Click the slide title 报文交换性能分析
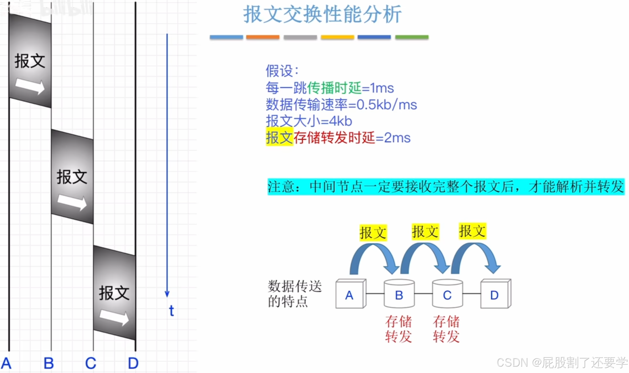(x=322, y=14)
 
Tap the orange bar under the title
(x=263, y=37)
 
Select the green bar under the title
(x=412, y=37)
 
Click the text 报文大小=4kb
(x=309, y=121)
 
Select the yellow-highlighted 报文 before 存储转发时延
(x=279, y=138)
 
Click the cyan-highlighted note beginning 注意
(x=446, y=187)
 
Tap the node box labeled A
(x=350, y=294)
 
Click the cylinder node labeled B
(x=399, y=294)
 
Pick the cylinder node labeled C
(x=447, y=294)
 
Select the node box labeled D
(x=495, y=294)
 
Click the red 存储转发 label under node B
(x=399, y=329)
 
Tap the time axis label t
(x=172, y=311)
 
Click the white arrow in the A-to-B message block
(x=30, y=86)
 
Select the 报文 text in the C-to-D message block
(x=114, y=293)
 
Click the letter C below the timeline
(x=91, y=363)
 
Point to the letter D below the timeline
(x=133, y=363)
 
